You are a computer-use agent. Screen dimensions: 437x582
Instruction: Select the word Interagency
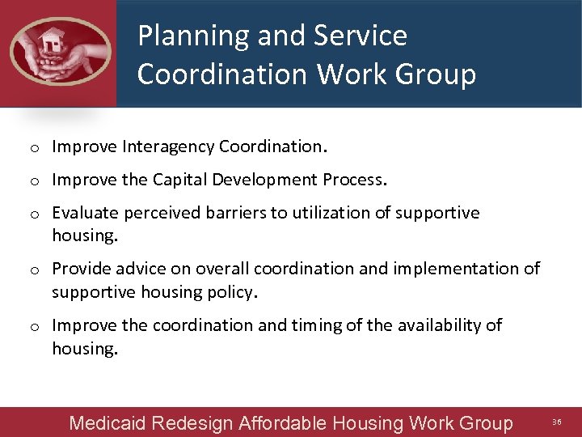168,147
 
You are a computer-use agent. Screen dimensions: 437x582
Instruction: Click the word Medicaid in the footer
108,422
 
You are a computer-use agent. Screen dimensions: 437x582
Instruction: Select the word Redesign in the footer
192,422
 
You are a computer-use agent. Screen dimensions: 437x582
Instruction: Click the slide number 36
556,422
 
